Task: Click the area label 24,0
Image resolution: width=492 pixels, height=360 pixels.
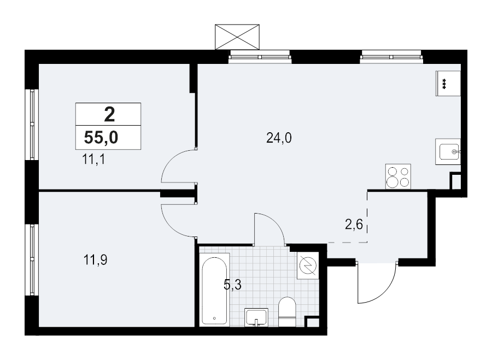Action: (279, 138)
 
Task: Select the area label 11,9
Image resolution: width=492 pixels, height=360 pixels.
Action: (95, 260)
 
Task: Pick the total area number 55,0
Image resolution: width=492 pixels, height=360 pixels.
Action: (101, 138)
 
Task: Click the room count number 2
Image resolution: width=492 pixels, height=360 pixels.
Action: (109, 115)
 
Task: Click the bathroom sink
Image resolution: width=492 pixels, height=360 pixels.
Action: (256, 316)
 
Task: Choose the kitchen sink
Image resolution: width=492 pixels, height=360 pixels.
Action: (448, 151)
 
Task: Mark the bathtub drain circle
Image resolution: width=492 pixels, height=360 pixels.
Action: (214, 317)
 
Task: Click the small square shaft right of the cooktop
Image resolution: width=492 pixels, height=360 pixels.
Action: (455, 181)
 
